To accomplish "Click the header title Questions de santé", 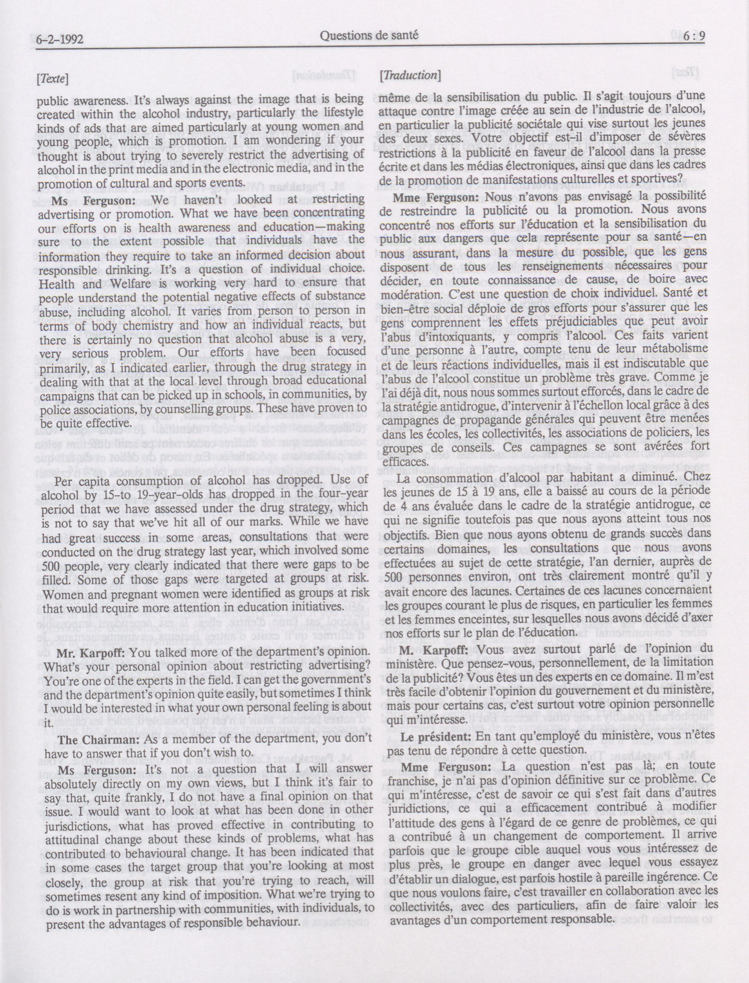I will click(369, 36).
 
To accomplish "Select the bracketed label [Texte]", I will click(52, 79).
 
